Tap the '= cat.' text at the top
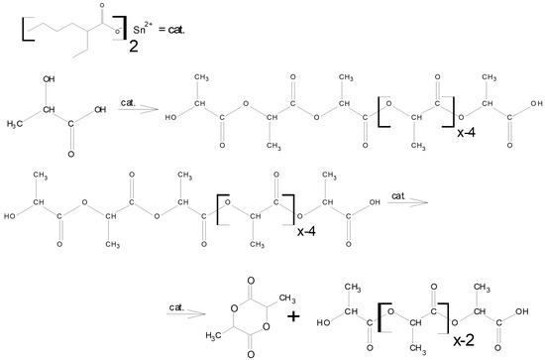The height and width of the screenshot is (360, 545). [171, 30]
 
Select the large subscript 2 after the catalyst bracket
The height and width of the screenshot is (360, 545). [134, 46]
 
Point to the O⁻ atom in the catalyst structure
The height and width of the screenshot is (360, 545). [118, 32]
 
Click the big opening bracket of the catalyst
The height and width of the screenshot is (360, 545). [28, 29]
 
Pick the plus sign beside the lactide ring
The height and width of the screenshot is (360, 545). [293, 316]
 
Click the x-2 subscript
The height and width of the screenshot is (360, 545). [464, 340]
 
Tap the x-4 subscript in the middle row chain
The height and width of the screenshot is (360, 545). [306, 231]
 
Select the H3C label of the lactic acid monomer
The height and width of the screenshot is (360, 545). [15, 123]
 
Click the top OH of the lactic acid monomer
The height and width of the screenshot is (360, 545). [49, 79]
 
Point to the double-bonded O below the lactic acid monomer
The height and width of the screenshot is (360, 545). [71, 154]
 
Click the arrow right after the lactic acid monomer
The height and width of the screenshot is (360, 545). [138, 109]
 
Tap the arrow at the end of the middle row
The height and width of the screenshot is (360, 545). [407, 202]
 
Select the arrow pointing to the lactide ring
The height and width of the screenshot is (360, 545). [186, 313]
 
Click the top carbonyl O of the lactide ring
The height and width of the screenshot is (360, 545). [251, 281]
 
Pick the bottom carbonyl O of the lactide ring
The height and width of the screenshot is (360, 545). [251, 354]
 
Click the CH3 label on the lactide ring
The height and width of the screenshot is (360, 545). [287, 299]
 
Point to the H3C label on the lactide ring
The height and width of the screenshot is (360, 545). [214, 335]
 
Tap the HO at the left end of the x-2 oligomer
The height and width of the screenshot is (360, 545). [323, 323]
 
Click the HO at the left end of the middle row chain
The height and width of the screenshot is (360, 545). [9, 216]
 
